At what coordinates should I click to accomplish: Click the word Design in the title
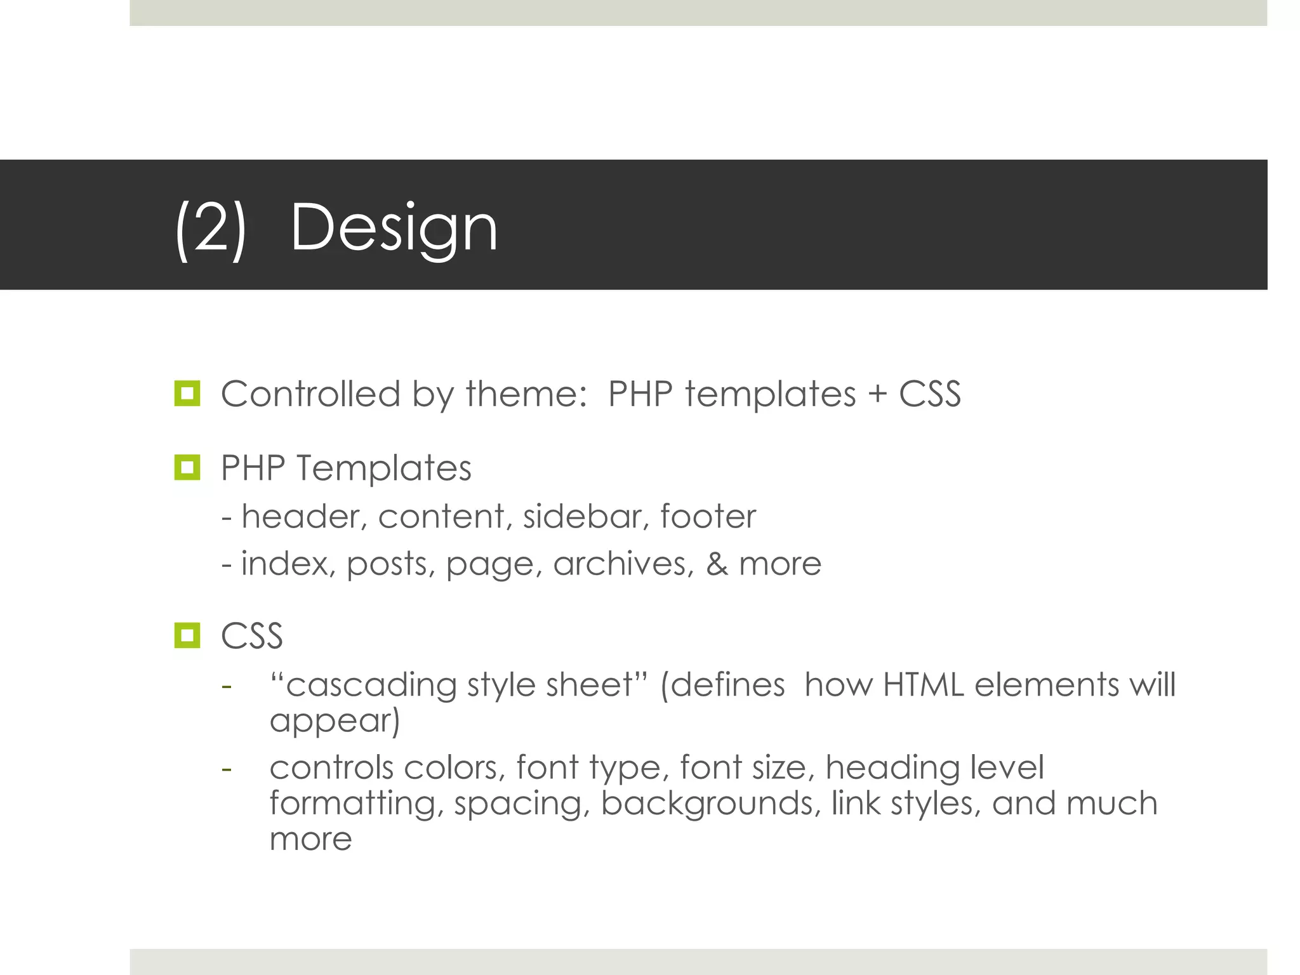(x=394, y=229)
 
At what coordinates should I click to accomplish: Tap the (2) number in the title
(x=210, y=229)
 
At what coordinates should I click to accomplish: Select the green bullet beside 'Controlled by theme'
(x=187, y=394)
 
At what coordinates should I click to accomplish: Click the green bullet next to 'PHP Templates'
(x=187, y=468)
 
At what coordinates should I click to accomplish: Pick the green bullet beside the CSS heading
(x=187, y=635)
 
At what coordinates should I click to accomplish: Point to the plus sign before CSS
(x=877, y=394)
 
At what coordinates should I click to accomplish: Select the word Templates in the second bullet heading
(x=383, y=469)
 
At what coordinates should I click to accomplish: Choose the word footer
(x=708, y=516)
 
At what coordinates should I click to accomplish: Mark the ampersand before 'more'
(x=717, y=564)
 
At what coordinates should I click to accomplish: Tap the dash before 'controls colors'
(x=227, y=769)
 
